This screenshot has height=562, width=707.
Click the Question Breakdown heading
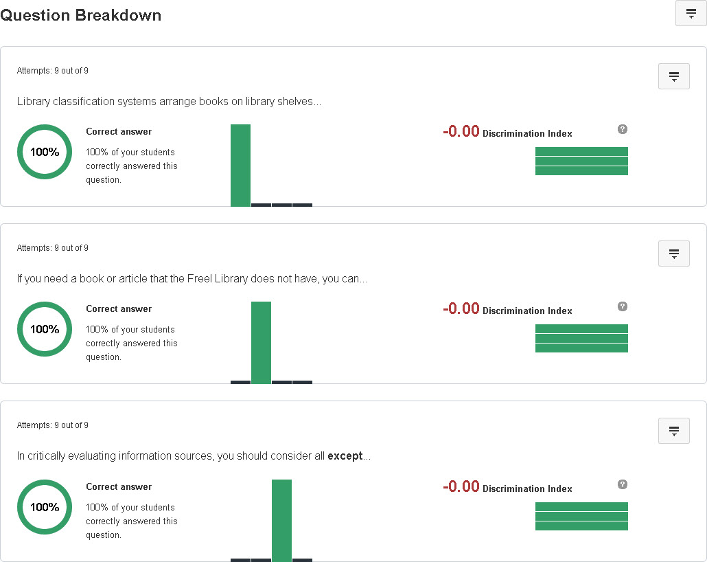(81, 15)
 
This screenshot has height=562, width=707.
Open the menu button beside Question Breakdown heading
(691, 14)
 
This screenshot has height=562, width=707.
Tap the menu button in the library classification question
(673, 76)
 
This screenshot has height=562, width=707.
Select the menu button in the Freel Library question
(673, 254)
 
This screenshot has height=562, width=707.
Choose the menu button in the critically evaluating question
(673, 431)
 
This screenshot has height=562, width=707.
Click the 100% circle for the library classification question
(45, 152)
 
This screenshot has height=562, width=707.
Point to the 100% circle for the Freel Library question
(45, 329)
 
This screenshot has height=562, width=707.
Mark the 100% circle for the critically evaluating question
(45, 507)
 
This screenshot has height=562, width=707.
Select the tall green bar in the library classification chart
(240, 165)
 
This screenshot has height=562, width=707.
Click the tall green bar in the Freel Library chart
(261, 342)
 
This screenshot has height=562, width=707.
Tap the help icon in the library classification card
(623, 129)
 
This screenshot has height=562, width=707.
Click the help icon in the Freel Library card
(623, 306)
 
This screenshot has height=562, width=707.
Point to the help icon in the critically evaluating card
(623, 484)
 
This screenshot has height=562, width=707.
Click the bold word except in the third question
(345, 456)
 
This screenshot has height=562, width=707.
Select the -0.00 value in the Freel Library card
(461, 309)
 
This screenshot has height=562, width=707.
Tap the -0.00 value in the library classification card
(461, 132)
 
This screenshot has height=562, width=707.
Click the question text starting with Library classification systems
(169, 102)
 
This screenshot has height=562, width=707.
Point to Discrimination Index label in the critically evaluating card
(527, 489)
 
